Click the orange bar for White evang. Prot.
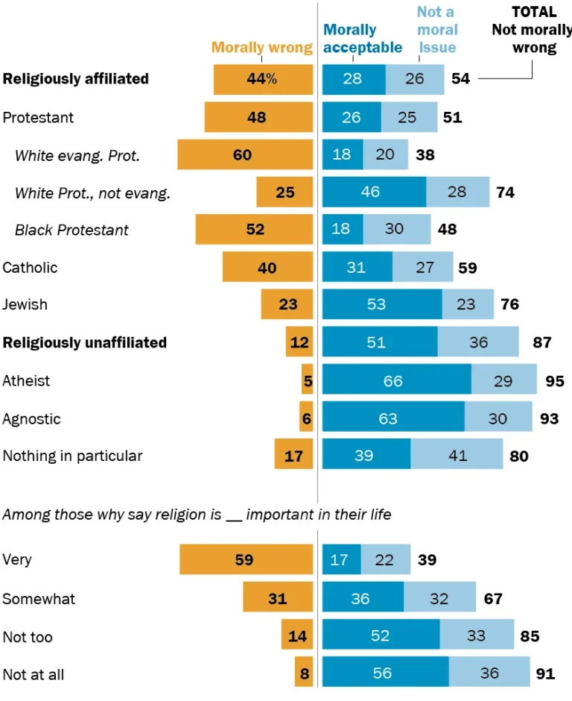(244, 155)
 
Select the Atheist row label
(27, 380)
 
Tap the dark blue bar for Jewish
(381, 304)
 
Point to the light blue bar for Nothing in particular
(457, 455)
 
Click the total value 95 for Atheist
(553, 381)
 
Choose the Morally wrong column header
(262, 48)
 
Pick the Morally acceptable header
(363, 39)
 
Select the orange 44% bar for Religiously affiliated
(263, 79)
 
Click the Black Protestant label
(71, 230)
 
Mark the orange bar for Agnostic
(306, 418)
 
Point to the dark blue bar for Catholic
(357, 267)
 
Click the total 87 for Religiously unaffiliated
(541, 342)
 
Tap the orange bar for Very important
(246, 559)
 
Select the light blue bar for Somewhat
(439, 598)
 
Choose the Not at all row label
(34, 674)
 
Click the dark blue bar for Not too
(381, 636)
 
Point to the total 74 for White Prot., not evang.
(505, 192)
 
